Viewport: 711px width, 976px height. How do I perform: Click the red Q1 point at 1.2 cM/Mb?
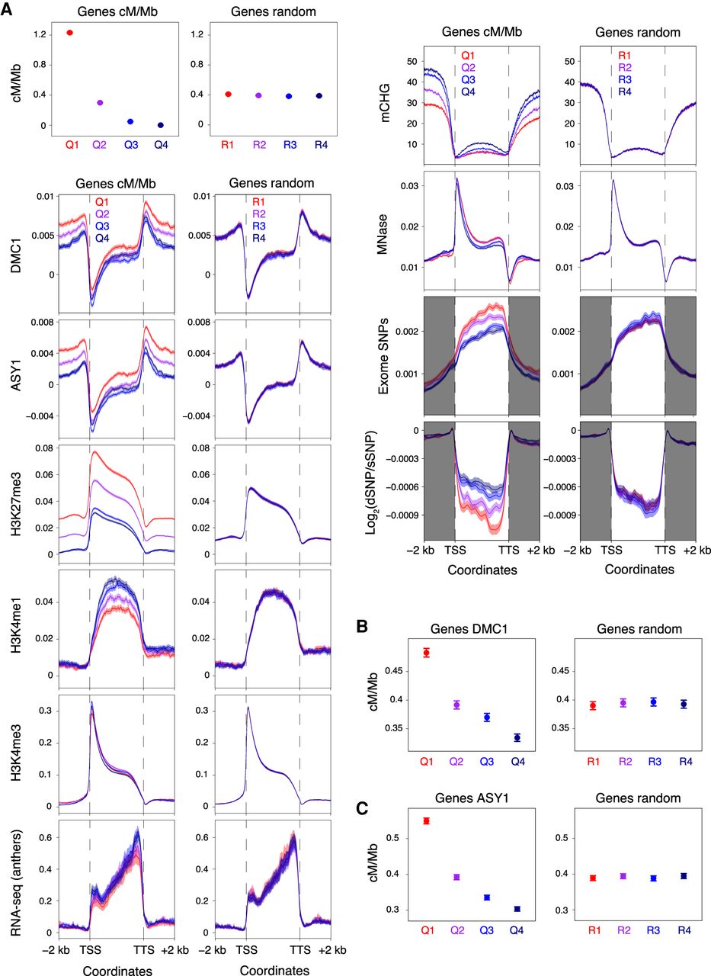[x=69, y=33]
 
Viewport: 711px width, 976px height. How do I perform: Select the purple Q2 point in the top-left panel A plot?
[x=100, y=102]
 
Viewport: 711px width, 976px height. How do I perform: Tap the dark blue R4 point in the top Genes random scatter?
[x=319, y=96]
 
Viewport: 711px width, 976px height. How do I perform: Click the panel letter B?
[x=362, y=627]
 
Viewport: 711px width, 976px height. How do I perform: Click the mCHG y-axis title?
[x=384, y=103]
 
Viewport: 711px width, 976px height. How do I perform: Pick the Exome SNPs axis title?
[x=383, y=355]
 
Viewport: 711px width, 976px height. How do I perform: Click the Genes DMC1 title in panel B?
[x=469, y=629]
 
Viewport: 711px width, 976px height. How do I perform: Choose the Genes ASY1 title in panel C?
[x=472, y=798]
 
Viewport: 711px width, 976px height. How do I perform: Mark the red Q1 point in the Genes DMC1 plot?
[x=426, y=653]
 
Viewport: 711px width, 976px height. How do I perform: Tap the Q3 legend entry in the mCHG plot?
[x=468, y=80]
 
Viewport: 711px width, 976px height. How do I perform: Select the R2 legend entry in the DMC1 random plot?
[x=258, y=214]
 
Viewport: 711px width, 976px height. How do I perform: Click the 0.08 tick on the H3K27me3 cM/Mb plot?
[x=44, y=448]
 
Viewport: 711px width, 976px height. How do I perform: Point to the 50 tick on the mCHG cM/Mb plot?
[x=412, y=61]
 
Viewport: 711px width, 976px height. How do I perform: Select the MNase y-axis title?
[x=384, y=230]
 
